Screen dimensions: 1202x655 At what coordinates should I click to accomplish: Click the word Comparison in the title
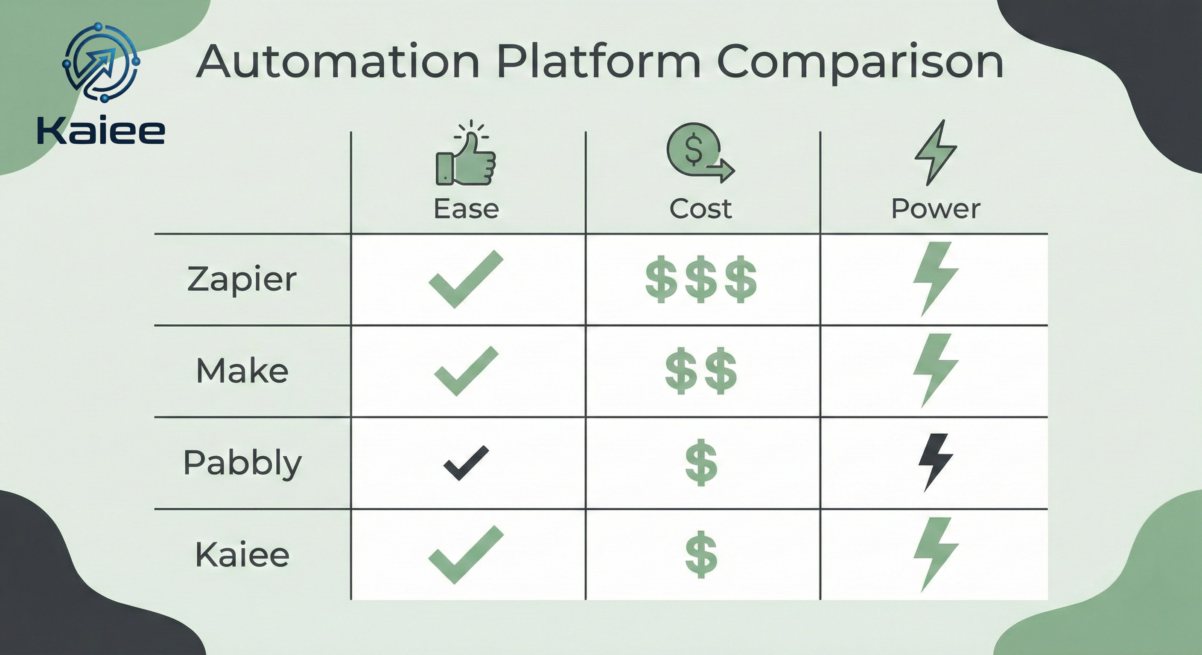pos(860,63)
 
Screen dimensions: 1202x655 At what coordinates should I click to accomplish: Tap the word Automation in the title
pos(338,61)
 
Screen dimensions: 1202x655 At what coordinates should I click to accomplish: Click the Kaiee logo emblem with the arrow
pos(101,62)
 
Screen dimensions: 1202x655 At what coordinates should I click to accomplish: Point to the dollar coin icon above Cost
pos(700,152)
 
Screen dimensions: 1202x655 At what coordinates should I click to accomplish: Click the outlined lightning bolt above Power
pos(936,152)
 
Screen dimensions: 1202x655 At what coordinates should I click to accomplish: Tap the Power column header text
pos(936,209)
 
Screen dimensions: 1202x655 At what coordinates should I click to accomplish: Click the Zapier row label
pos(242,279)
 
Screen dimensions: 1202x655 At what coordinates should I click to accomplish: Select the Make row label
pos(242,371)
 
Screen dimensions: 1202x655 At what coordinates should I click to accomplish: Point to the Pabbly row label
pos(242,464)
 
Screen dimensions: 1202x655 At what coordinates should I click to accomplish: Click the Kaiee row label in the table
pos(242,555)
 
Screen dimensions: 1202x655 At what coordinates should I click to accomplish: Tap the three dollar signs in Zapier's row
pos(701,279)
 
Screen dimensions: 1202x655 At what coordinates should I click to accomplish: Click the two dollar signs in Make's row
pos(701,371)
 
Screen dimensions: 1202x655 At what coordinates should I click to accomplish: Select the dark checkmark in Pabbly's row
pos(466,463)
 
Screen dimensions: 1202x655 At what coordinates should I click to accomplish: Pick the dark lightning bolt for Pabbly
pos(935,462)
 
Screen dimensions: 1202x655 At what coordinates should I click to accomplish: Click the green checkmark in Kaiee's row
pos(466,555)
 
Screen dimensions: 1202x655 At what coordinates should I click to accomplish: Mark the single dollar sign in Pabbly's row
pos(701,462)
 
